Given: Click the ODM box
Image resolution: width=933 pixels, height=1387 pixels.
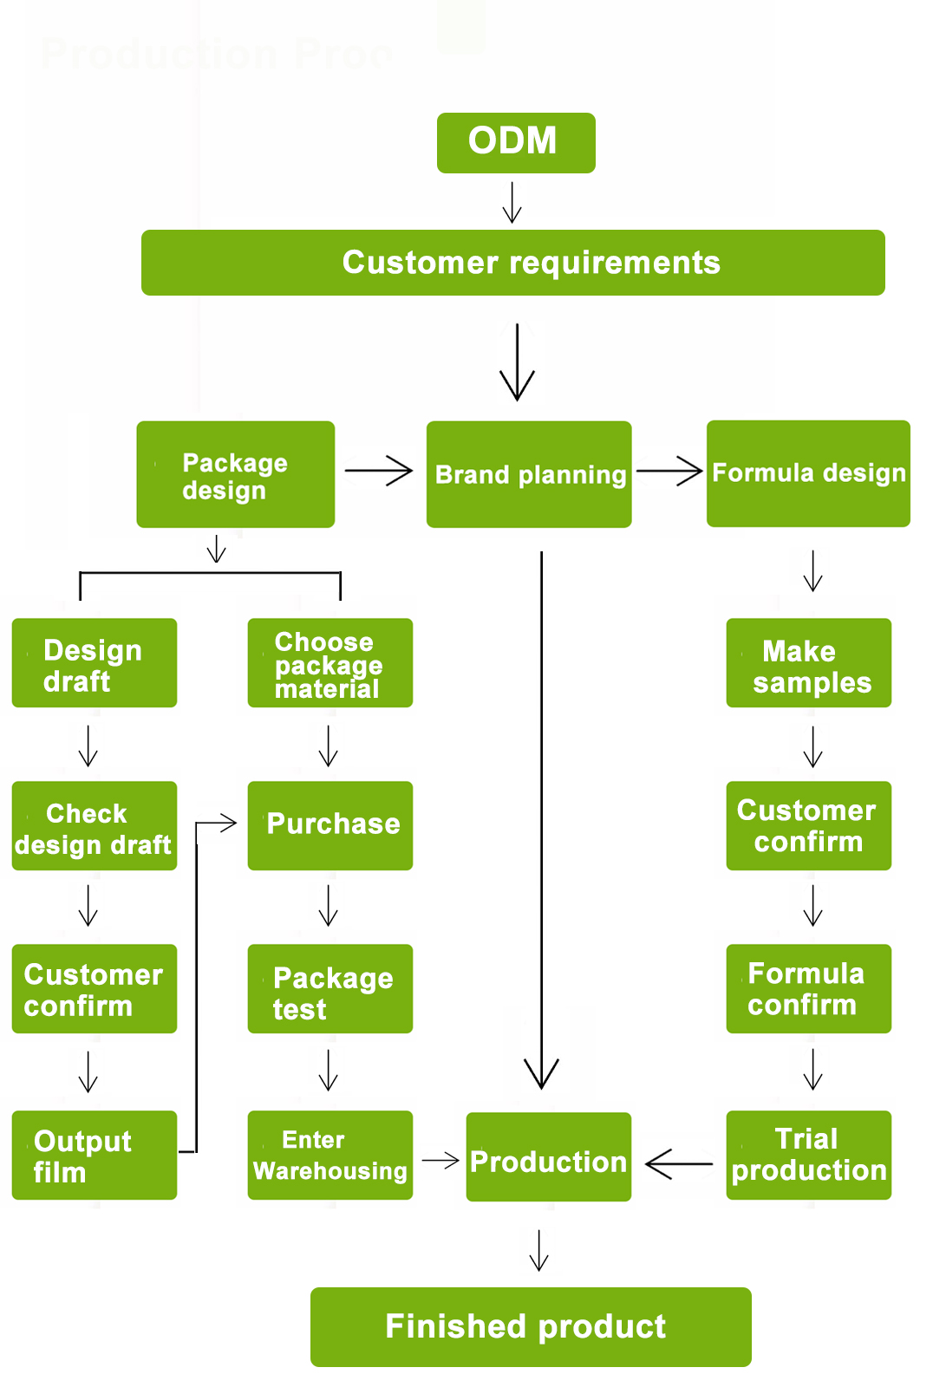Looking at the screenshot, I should pyautogui.click(x=516, y=143).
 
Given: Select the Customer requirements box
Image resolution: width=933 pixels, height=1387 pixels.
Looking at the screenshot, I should pyautogui.click(x=512, y=263).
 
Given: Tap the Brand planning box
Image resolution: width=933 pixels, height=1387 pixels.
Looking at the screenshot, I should pyautogui.click(x=529, y=474).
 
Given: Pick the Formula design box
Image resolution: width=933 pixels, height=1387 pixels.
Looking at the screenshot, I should pyautogui.click(x=808, y=473).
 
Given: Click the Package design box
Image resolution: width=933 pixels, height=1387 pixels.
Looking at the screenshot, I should pyautogui.click(x=235, y=474).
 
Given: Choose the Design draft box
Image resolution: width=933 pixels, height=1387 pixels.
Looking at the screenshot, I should pyautogui.click(x=94, y=663).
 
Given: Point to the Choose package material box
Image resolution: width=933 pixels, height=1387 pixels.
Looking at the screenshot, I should pyautogui.click(x=329, y=663).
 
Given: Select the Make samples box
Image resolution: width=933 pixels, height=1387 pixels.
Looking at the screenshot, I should pyautogui.click(x=808, y=663).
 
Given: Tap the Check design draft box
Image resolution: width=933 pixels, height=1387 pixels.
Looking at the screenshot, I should pyautogui.click(x=94, y=826).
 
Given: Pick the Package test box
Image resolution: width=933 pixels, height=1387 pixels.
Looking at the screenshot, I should pyautogui.click(x=329, y=989).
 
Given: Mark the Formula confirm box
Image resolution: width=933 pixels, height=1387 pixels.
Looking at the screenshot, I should pyautogui.click(x=808, y=989).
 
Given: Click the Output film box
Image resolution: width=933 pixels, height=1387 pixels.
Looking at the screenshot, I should pyautogui.click(x=94, y=1156).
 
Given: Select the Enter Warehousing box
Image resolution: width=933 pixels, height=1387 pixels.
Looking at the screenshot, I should pyautogui.click(x=329, y=1156).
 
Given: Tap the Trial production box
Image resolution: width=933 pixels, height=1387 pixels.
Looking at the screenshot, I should pyautogui.click(x=808, y=1156).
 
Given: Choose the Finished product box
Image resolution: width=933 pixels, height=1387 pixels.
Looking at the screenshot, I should pyautogui.click(x=531, y=1327).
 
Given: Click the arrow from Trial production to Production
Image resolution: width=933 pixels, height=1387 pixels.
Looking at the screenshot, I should pyautogui.click(x=679, y=1163).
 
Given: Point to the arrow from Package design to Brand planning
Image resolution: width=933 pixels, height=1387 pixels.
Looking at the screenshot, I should pyautogui.click(x=379, y=471).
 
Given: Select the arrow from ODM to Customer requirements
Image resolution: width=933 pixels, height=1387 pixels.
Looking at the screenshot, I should pyautogui.click(x=512, y=202).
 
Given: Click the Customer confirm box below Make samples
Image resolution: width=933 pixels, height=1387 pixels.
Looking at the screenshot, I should pyautogui.click(x=808, y=826).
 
